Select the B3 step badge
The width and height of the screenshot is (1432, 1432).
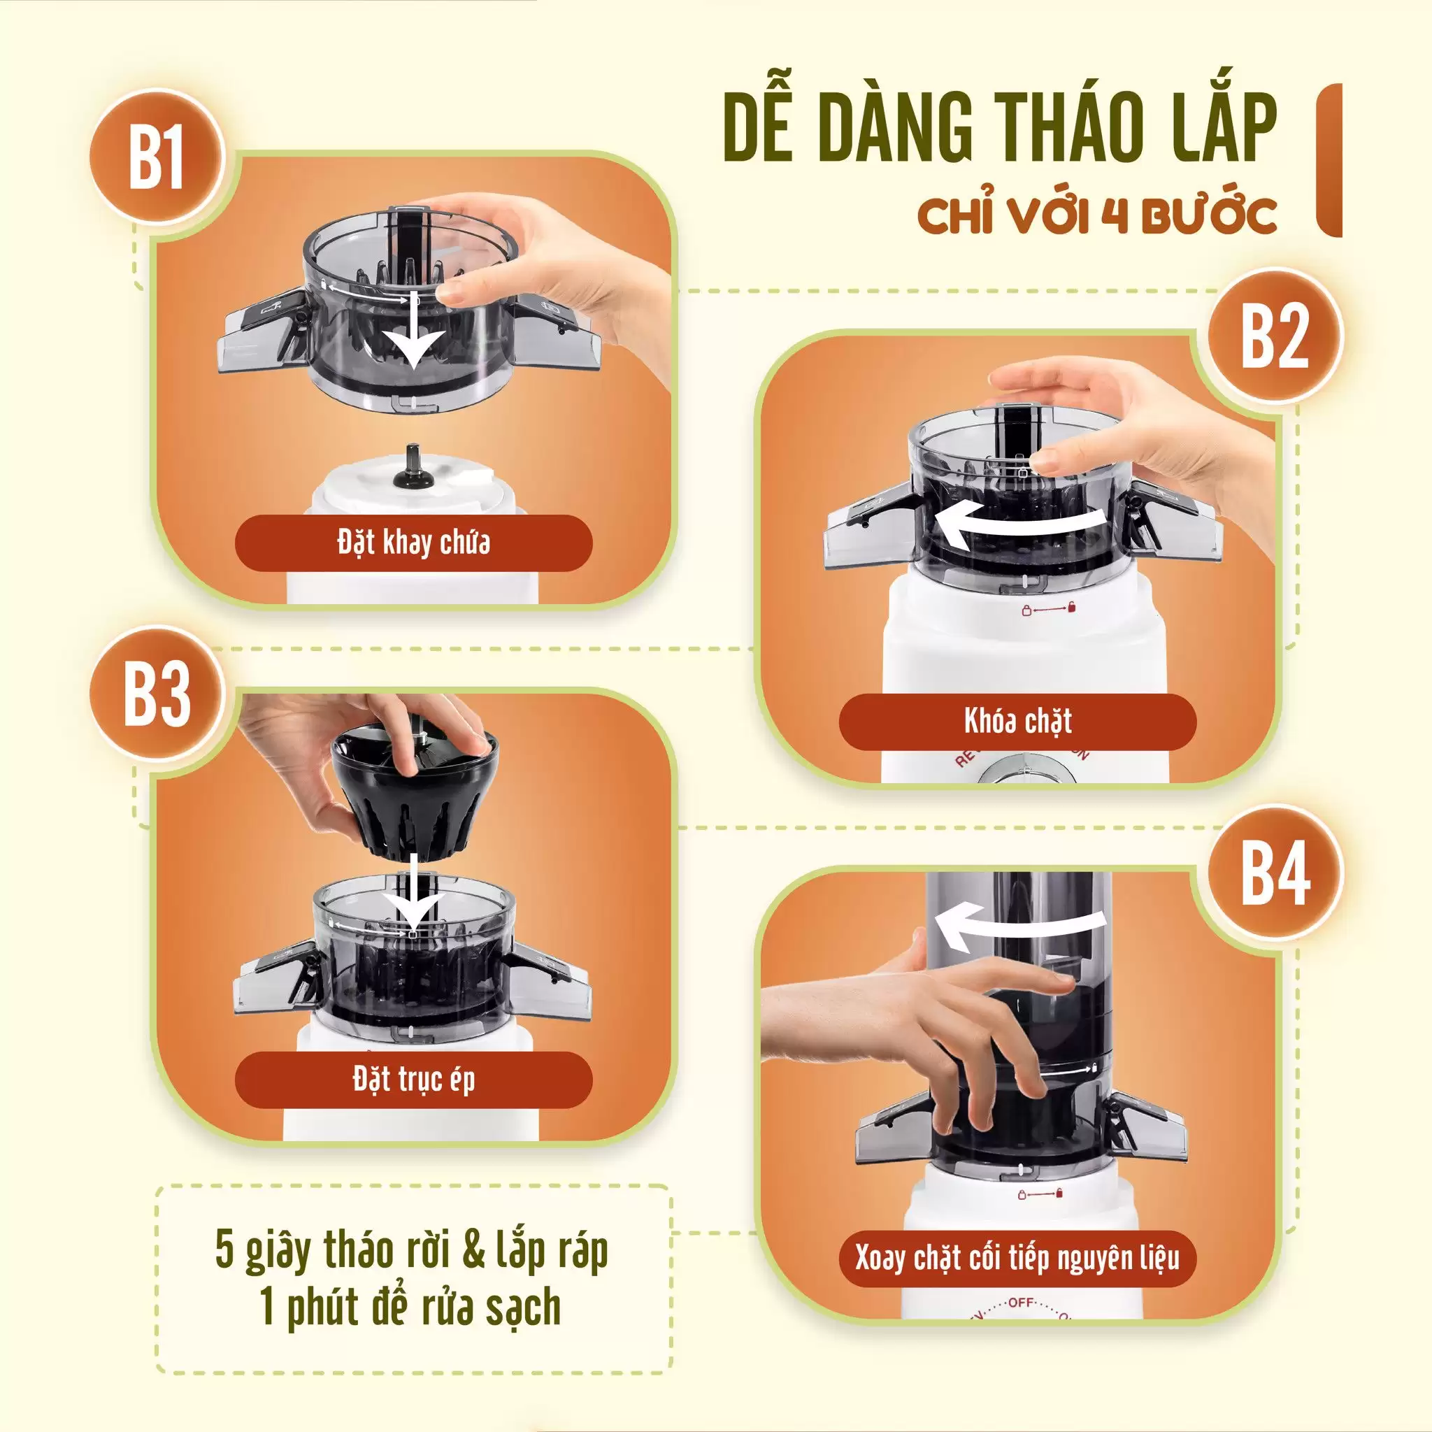(157, 694)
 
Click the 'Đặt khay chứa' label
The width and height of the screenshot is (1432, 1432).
(414, 543)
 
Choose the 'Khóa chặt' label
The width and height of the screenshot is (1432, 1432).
(1017, 721)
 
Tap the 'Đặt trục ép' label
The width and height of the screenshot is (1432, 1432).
(414, 1080)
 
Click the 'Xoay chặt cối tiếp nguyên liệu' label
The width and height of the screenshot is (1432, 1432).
(1017, 1258)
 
